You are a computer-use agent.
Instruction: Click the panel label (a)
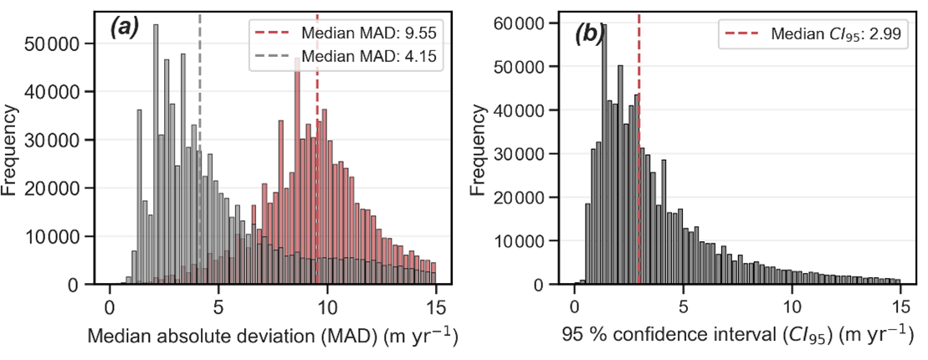(126, 28)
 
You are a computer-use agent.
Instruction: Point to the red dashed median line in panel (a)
(317, 167)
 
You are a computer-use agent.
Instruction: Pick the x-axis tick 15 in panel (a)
(436, 306)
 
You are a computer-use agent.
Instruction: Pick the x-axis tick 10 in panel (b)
(791, 306)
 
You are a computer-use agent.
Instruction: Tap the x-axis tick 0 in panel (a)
(109, 306)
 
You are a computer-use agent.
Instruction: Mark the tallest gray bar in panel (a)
(156, 159)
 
